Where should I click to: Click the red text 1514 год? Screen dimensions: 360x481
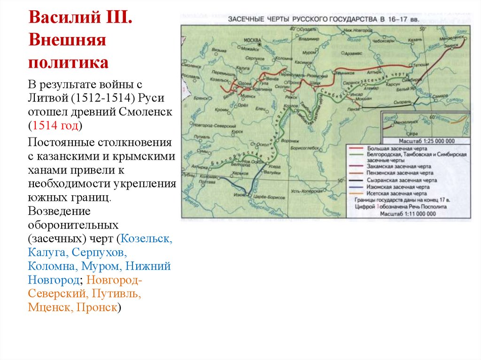[55, 126]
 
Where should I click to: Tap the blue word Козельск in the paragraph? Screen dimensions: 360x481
[147, 238]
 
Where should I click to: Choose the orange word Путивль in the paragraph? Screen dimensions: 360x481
[117, 294]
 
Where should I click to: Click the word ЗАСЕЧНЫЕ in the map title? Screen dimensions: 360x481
[248, 20]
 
